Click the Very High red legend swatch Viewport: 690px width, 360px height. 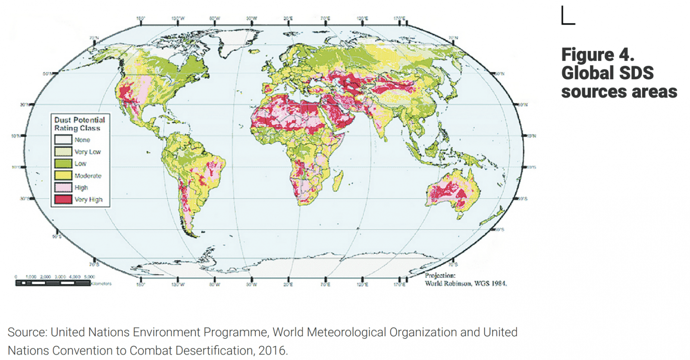[63, 199]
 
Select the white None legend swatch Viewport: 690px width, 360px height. [63, 140]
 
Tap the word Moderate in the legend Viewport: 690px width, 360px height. [88, 175]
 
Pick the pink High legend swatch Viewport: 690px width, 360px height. [63, 188]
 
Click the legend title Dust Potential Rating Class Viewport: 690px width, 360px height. [79, 124]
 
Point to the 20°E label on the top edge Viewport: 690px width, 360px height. [288, 19]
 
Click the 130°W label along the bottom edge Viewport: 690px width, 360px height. [178, 285]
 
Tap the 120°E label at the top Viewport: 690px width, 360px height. [362, 19]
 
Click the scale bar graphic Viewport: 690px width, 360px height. [53, 283]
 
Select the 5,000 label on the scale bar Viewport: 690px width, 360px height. [89, 277]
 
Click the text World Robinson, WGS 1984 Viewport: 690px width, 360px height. [465, 283]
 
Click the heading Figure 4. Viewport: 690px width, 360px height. [597, 55]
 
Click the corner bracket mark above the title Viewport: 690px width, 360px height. [568, 16]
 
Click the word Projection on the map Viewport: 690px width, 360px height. [440, 275]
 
